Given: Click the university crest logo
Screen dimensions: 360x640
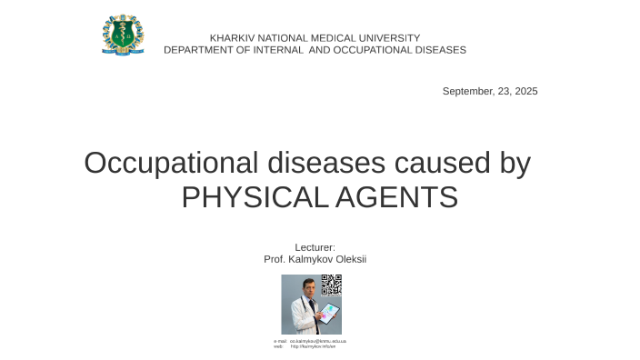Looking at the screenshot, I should (123, 35).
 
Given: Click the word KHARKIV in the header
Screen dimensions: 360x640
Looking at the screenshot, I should (230, 38).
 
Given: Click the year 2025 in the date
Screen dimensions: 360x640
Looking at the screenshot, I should (525, 92).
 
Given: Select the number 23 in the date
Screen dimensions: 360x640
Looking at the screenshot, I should (505, 92).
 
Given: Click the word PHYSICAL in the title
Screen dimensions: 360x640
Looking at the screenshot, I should (247, 196).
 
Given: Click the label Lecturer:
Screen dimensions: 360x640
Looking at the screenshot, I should (315, 247).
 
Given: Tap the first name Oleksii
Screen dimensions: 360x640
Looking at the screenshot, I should (351, 259).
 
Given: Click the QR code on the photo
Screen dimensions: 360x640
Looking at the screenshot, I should (332, 285).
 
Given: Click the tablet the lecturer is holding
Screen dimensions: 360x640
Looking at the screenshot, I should (329, 314).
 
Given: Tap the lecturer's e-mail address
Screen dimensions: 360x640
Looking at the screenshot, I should (317, 341).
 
